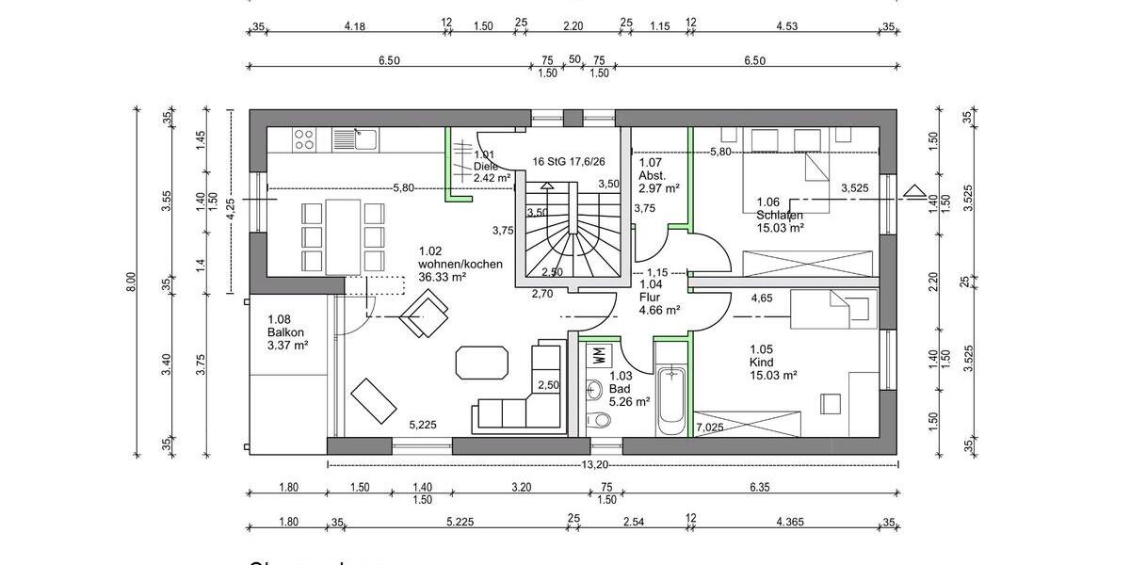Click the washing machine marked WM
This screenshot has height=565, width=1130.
[x=599, y=356]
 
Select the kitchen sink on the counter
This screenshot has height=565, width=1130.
[x=355, y=140]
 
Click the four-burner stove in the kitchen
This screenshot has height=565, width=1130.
[x=304, y=140]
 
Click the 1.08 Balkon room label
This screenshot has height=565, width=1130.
[x=288, y=332]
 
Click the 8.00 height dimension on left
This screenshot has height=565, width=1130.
[x=132, y=281]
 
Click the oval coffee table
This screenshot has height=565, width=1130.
[x=481, y=363]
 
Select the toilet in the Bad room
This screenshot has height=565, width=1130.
[x=594, y=420]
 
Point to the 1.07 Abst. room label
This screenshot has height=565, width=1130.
[x=652, y=169]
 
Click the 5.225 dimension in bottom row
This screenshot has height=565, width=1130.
[x=459, y=521]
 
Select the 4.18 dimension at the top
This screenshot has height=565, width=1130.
[x=354, y=26]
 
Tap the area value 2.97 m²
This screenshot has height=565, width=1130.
[x=659, y=188]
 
